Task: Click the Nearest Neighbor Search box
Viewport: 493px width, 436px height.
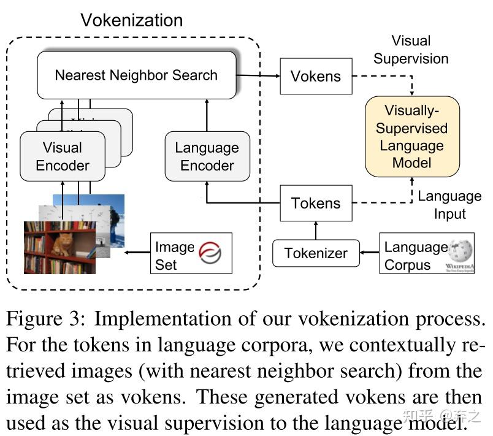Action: [x=136, y=75]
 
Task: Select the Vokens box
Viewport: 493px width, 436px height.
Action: [x=316, y=77]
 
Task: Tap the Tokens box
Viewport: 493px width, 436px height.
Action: [x=316, y=204]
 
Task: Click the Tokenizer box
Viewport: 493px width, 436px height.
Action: [x=316, y=253]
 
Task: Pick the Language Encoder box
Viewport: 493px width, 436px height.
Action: [x=207, y=156]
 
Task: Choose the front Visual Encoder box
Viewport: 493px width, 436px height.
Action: [x=63, y=156]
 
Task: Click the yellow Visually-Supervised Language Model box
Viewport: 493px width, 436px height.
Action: [x=412, y=137]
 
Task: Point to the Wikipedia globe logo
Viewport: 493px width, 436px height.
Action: [x=461, y=251]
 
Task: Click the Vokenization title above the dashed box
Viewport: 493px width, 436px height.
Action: [x=132, y=20]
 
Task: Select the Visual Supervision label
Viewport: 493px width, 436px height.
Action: [x=411, y=50]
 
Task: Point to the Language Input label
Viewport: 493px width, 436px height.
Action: [x=449, y=205]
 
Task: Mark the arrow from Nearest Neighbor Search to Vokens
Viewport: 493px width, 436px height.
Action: [x=258, y=76]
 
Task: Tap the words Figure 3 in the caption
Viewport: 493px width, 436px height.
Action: [x=46, y=320]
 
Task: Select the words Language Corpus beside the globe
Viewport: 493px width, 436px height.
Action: [x=415, y=256]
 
